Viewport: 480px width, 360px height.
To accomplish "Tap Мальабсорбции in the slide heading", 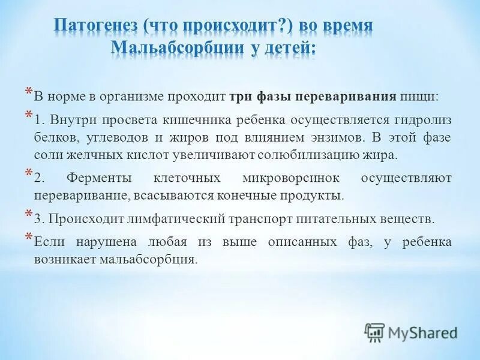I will (x=173, y=48).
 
